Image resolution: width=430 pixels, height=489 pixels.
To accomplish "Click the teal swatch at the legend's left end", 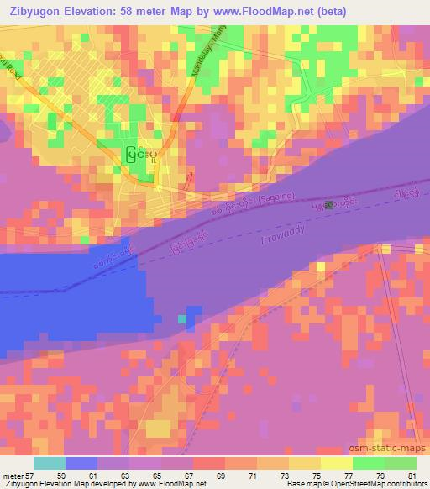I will pyautogui.click(x=49, y=463).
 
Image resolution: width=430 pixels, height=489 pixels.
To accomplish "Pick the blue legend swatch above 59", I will pyautogui.click(x=81, y=463).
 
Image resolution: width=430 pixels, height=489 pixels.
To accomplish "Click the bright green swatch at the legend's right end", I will pyautogui.click(x=401, y=463).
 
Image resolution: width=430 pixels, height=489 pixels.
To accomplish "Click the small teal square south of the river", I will pyautogui.click(x=181, y=319).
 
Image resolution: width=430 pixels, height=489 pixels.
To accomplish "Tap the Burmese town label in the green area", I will pyautogui.click(x=144, y=155).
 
